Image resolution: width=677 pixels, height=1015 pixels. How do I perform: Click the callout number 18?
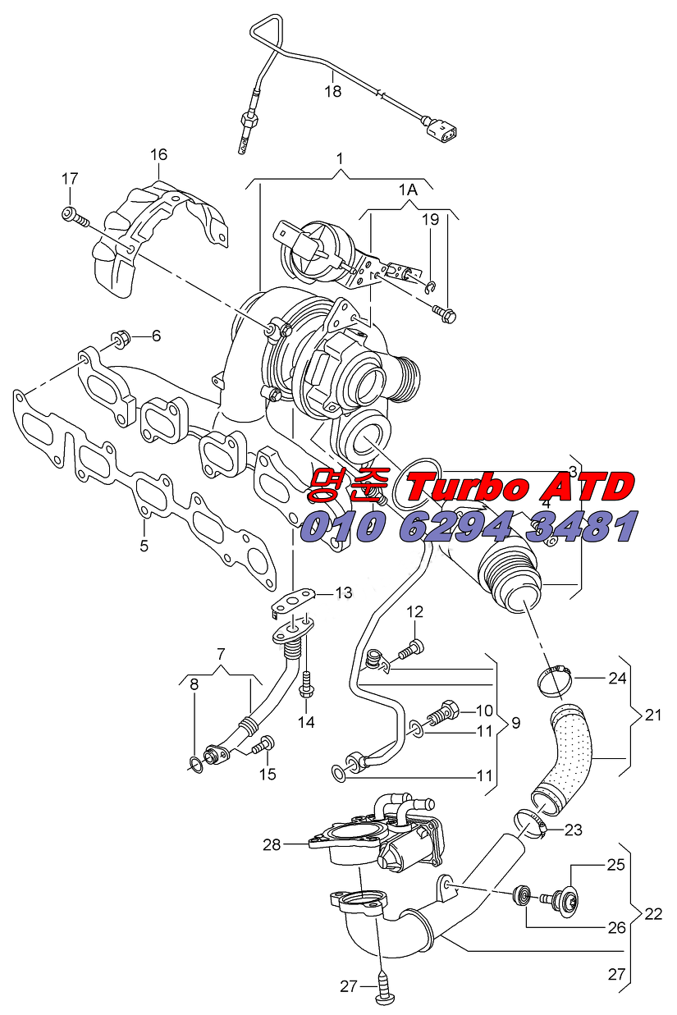click(x=332, y=92)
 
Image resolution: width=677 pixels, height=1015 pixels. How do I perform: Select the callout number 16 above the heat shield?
click(x=158, y=154)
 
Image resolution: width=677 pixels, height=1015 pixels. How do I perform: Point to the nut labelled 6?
click(x=121, y=337)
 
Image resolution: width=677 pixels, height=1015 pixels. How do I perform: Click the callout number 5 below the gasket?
click(x=144, y=545)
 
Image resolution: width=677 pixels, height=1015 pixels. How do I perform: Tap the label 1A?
click(x=408, y=190)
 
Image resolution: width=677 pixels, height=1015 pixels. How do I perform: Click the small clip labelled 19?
click(x=431, y=287)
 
